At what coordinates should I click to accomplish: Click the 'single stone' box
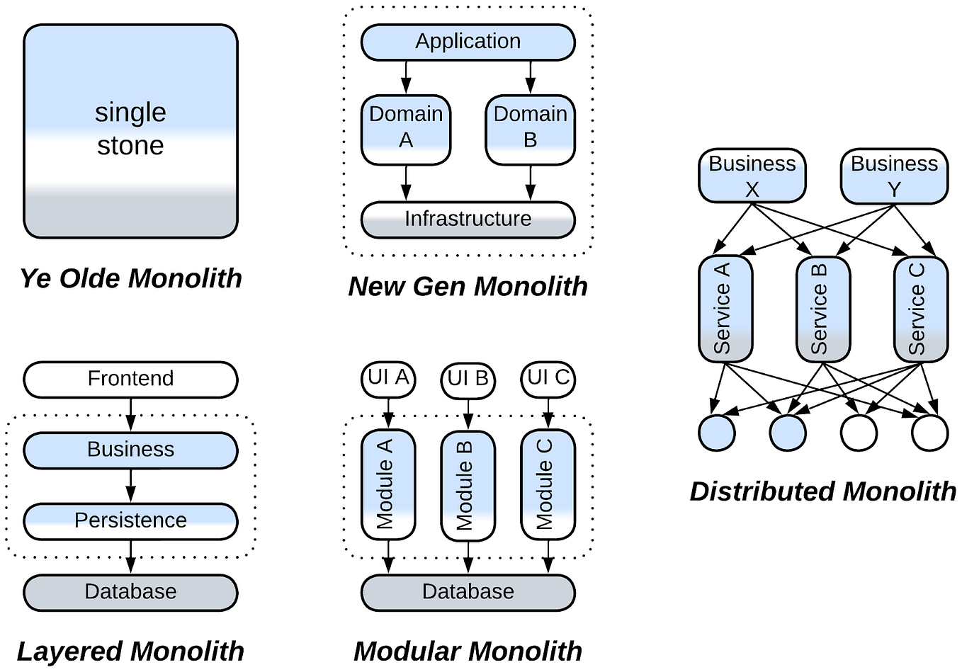[130, 131]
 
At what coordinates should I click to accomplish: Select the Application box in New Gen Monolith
[468, 42]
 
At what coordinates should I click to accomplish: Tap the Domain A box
[405, 130]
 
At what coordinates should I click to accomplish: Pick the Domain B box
[530, 130]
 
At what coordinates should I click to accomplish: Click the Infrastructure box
[468, 220]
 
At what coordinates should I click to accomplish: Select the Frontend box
[130, 380]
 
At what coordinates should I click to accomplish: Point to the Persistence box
[130, 521]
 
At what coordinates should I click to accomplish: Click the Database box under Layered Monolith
[130, 592]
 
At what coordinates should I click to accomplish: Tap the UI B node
[468, 380]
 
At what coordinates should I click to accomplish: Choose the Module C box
[548, 484]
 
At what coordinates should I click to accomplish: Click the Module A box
[388, 484]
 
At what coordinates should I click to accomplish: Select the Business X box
[752, 176]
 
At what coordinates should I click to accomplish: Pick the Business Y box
[893, 176]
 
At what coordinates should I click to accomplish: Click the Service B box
[822, 309]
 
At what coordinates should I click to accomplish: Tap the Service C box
[920, 309]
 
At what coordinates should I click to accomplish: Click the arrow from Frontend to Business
[130, 415]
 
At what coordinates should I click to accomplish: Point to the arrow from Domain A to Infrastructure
[405, 183]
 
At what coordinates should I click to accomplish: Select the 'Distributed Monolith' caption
[822, 491]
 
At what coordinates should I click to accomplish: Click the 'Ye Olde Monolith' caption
[130, 278]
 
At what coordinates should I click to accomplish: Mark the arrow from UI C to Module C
[548, 414]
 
